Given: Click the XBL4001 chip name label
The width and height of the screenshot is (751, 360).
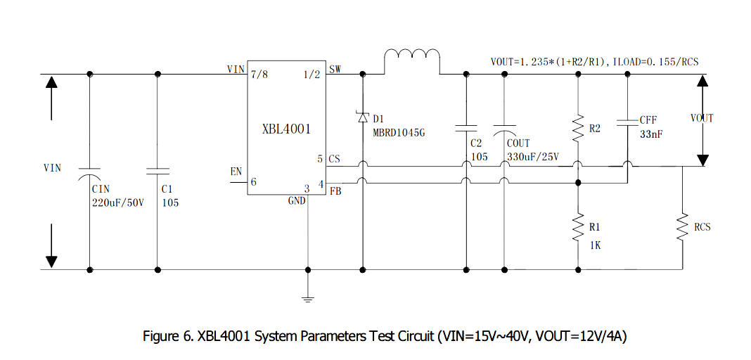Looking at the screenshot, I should coord(285,129).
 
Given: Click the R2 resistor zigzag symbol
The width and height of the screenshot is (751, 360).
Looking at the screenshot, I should coord(577,129).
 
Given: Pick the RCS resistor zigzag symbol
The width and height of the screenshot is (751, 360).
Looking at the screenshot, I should coord(681,227).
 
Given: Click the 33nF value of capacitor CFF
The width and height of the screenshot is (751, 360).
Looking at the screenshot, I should coord(650,134).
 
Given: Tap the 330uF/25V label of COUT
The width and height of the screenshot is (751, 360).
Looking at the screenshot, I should coord(532,156).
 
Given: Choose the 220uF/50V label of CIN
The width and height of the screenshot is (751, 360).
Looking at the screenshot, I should coord(117,202).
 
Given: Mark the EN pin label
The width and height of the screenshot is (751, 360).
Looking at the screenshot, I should coord(236,172).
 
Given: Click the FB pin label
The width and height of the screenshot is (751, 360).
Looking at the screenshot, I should coord(335,190).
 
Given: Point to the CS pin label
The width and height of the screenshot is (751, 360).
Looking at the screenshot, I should coord(334,159).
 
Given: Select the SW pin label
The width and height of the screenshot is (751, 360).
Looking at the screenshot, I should coord(335,69).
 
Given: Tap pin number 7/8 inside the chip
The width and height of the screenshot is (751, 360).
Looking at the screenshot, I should coord(259,75).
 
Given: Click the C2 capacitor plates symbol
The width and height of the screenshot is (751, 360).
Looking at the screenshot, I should coord(465,129).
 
